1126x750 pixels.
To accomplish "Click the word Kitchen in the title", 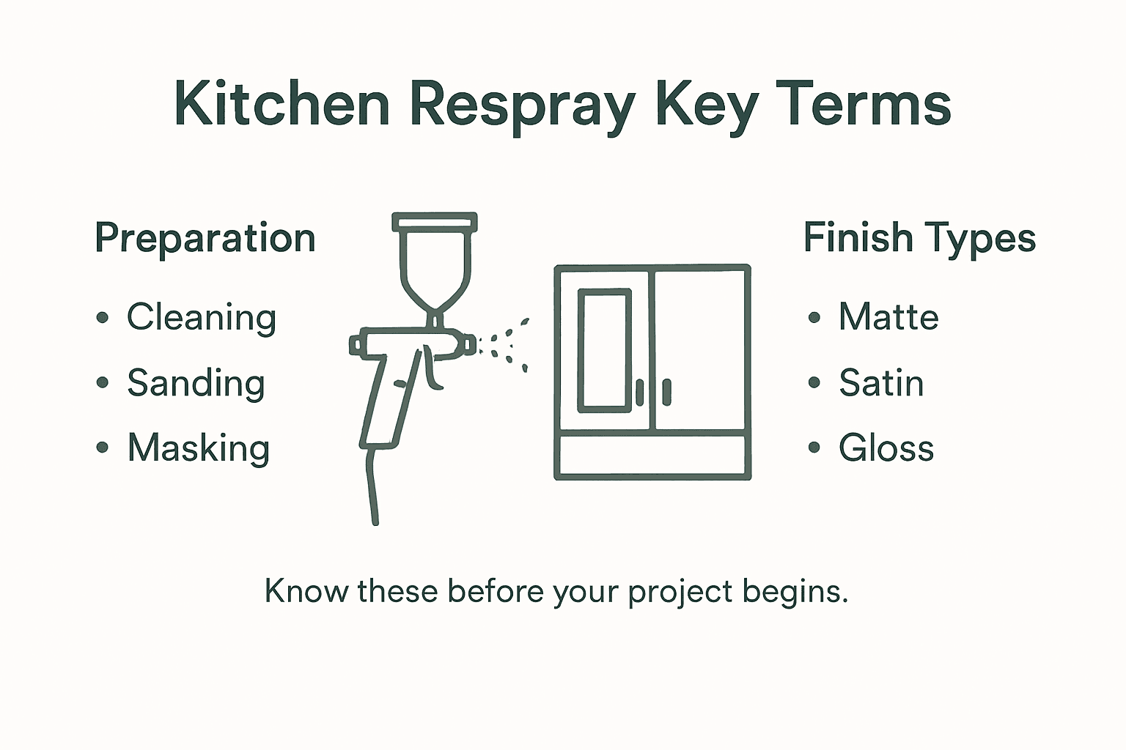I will click(x=281, y=104).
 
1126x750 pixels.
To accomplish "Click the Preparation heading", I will click(x=205, y=239).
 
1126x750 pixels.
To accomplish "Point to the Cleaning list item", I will click(x=202, y=318).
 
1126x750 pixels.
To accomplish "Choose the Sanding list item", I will click(x=196, y=383).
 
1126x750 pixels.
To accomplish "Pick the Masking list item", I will click(x=199, y=448).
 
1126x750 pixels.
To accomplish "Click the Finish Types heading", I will click(x=919, y=239).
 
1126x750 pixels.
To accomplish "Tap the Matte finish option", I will click(x=888, y=317).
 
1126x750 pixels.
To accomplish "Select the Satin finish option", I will click(x=881, y=383).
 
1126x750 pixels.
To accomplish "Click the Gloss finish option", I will click(x=886, y=448).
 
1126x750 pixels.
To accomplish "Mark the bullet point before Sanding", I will click(x=103, y=383).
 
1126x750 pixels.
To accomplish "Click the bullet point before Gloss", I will click(x=814, y=448).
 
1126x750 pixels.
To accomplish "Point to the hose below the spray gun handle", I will click(x=372, y=487).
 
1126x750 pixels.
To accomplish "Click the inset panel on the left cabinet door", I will click(x=605, y=350).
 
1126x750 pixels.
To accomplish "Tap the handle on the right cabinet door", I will click(x=666, y=392).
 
